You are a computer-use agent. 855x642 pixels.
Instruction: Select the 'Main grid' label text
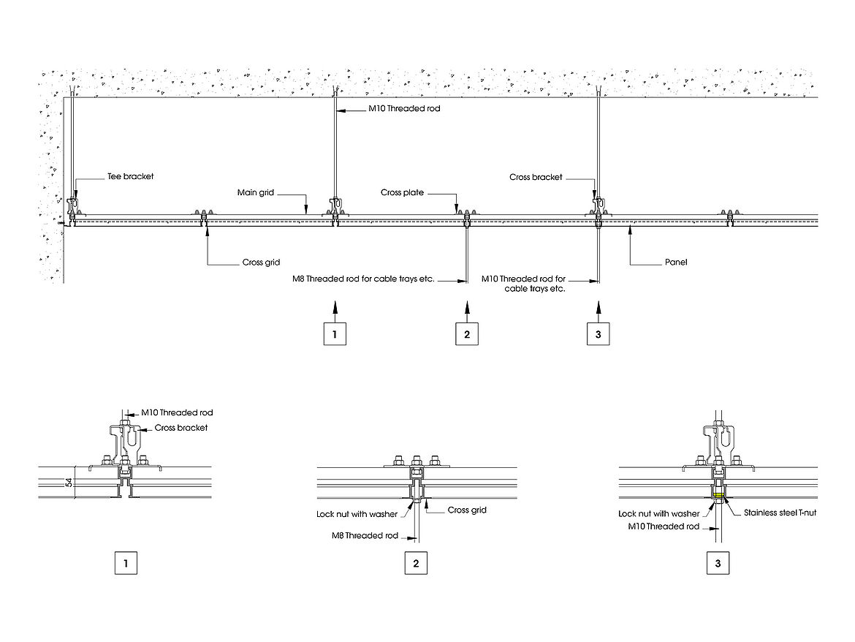tap(255, 193)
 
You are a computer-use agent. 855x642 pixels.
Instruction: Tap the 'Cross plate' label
tap(402, 193)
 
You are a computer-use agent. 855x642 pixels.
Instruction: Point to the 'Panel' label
tap(676, 261)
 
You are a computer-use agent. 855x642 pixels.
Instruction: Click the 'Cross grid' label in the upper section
tap(261, 263)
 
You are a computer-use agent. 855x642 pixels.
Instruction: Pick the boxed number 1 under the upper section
tap(335, 333)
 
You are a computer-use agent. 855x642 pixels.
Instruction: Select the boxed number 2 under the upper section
tap(467, 333)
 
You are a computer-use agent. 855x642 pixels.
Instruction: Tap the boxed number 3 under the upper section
tap(598, 333)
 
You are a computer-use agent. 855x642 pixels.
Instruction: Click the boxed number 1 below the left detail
tap(126, 564)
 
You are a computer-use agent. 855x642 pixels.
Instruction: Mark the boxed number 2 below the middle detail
tap(416, 564)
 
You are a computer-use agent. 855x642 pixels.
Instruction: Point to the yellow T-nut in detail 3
tap(719, 496)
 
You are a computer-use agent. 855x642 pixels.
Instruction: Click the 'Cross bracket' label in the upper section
tap(536, 177)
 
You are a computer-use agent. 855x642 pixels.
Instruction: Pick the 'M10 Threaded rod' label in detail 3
tap(663, 526)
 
